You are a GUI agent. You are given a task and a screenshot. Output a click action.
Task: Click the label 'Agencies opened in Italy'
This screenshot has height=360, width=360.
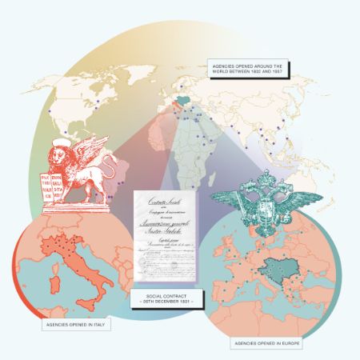(76, 326)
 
